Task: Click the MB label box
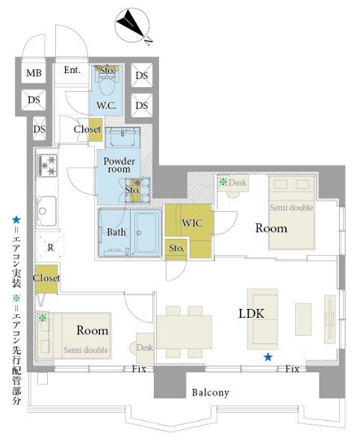click(34, 73)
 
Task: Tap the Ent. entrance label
click(72, 70)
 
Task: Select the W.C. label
click(106, 106)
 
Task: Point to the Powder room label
click(119, 165)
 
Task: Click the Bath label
click(117, 232)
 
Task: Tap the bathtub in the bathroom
click(146, 232)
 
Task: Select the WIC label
click(192, 223)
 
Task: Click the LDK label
click(251, 313)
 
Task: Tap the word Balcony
click(211, 392)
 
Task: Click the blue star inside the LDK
click(268, 357)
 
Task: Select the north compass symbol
click(133, 26)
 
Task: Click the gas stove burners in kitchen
click(48, 166)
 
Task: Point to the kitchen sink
click(46, 211)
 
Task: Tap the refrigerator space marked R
click(50, 248)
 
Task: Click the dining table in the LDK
click(184, 332)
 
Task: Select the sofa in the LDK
click(262, 319)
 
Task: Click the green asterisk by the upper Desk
click(223, 182)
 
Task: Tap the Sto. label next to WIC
click(176, 248)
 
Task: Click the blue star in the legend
click(16, 220)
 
